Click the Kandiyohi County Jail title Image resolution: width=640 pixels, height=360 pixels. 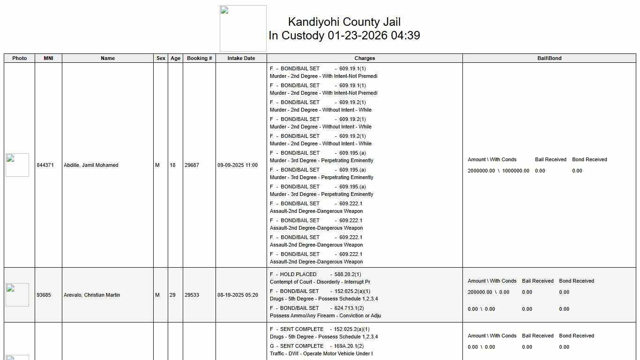(344, 22)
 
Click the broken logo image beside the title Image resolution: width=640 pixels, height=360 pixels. (243, 29)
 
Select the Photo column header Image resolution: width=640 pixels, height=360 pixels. (19, 58)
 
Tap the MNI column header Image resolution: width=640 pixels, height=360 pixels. (48, 58)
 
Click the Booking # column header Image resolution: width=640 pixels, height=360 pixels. (199, 58)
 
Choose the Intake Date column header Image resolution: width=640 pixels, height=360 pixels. (241, 58)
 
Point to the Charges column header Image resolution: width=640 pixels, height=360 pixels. (365, 58)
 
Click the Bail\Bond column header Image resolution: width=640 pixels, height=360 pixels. (549, 58)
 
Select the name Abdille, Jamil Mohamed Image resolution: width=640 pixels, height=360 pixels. (91, 165)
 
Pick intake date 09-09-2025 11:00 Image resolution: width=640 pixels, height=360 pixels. (237, 165)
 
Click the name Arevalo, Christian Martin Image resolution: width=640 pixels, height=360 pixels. (92, 295)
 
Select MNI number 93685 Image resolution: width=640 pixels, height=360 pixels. (44, 295)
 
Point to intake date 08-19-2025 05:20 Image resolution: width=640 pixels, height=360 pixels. (237, 295)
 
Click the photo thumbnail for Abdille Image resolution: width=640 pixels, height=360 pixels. (17, 165)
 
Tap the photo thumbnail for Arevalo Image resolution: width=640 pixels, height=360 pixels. (17, 295)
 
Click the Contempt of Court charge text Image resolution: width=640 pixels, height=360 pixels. (320, 282)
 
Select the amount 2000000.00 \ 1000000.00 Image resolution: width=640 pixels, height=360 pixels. (498, 171)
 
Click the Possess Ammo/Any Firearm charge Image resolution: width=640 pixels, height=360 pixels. (325, 315)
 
